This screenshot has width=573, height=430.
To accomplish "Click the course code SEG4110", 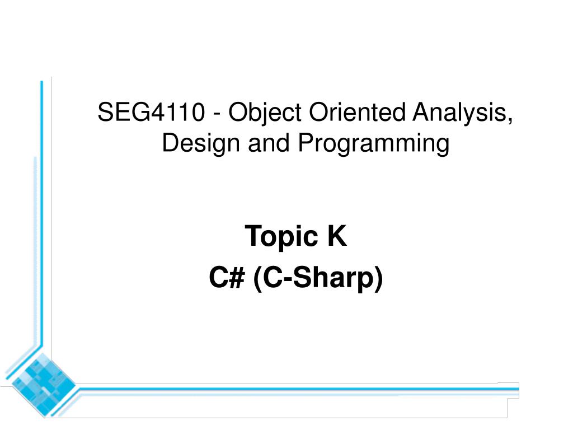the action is point(151,112).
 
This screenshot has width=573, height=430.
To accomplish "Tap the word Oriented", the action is point(358,111).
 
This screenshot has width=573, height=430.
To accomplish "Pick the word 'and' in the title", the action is point(269,143).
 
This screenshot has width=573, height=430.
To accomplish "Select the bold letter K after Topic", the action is point(336,236).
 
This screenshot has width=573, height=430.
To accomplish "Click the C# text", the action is point(227,278).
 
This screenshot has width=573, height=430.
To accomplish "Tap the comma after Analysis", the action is point(510,121).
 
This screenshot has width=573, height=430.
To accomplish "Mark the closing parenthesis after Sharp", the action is point(378,279).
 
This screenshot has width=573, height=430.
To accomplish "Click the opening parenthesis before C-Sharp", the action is point(257,279).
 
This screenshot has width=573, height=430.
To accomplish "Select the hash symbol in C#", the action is point(237,278).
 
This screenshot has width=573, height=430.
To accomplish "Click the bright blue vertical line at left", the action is point(41,213).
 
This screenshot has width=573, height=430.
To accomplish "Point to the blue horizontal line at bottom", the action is point(299,389).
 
